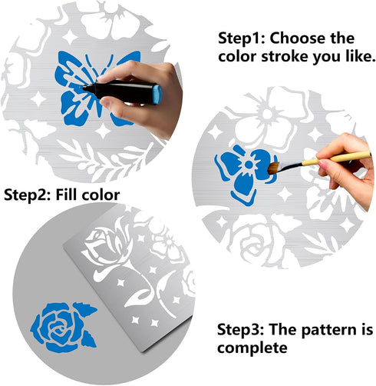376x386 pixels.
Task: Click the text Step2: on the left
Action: click(x=28, y=195)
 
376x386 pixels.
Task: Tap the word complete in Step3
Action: click(x=252, y=348)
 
